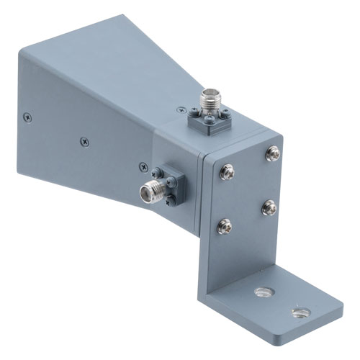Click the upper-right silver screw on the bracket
point(272,153)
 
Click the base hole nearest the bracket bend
point(259,292)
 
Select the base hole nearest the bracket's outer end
point(300,312)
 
